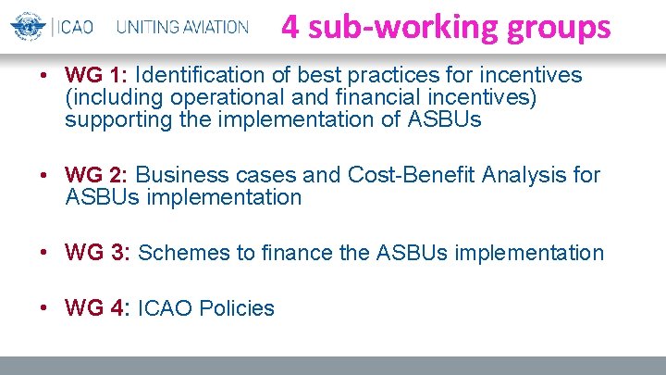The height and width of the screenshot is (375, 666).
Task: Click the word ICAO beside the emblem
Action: (x=74, y=26)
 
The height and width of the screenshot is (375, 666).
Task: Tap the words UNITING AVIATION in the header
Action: (x=182, y=26)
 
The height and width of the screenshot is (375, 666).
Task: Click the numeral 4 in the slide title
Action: (x=290, y=26)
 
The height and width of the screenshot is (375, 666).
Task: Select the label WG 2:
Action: (x=97, y=175)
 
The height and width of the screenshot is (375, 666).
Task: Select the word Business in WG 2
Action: (x=180, y=175)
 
